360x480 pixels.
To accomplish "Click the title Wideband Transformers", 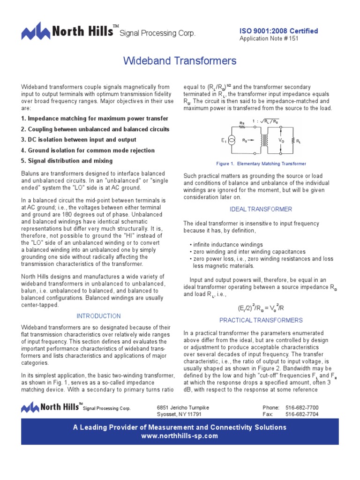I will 180,61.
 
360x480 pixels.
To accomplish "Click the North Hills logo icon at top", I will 36,31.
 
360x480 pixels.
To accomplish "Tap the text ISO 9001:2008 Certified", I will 278,31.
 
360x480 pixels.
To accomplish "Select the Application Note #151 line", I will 269,38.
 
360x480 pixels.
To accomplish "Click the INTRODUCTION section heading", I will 98,316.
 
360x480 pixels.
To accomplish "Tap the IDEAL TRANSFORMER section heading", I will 261,209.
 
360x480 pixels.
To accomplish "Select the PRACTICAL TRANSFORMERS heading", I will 261,320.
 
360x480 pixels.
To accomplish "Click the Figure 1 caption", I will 261,164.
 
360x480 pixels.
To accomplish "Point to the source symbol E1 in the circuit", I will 231,140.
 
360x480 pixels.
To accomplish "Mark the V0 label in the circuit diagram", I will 281,140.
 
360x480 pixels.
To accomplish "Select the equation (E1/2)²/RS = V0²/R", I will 261,308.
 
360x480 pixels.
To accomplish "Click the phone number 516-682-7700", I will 301,408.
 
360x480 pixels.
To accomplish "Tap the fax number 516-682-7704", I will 301,414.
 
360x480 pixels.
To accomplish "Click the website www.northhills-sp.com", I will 180,435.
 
